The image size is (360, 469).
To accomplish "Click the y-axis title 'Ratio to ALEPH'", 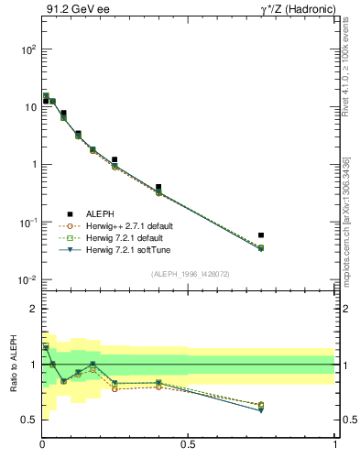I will (14, 365).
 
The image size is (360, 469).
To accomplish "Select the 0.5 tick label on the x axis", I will (188, 445).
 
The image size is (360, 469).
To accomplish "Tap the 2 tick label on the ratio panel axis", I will (31, 310).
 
